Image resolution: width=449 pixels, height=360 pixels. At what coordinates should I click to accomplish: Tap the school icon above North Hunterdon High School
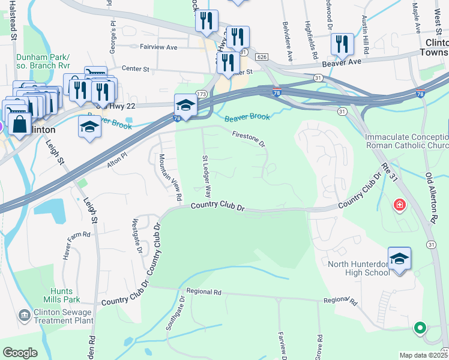coord(399,259)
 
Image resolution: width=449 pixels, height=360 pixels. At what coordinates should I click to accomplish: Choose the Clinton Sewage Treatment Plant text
coord(63,316)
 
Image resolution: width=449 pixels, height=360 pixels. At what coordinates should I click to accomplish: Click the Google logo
coord(20,353)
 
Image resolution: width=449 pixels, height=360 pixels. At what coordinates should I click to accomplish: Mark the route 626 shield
coord(261,56)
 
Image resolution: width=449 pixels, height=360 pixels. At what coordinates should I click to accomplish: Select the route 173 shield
coord(201,95)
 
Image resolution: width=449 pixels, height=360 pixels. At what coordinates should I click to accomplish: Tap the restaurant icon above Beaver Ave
coord(342,43)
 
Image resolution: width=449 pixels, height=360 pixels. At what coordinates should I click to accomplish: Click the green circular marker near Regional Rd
coord(420,328)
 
